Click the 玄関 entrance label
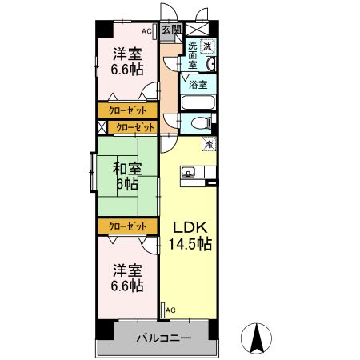pos(171,29)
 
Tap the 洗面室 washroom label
pos(193,55)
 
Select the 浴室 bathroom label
pos(198,85)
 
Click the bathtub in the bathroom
pos(198,102)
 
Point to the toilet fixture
pos(200,123)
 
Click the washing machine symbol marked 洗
pos(207,46)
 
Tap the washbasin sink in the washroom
pos(210,64)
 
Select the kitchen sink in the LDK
pos(188,172)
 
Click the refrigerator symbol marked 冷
pos(210,144)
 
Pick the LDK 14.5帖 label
pos(190,235)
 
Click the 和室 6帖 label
pos(127,176)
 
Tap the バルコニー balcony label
pos(164,338)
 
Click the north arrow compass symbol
pos(256,338)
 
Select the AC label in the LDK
pos(170,310)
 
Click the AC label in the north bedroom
pos(146,31)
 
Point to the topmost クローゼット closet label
pos(127,110)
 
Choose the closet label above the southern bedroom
pos(127,226)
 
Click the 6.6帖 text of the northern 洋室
pos(127,70)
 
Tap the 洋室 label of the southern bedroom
pos(127,270)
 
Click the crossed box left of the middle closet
pos(102,127)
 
